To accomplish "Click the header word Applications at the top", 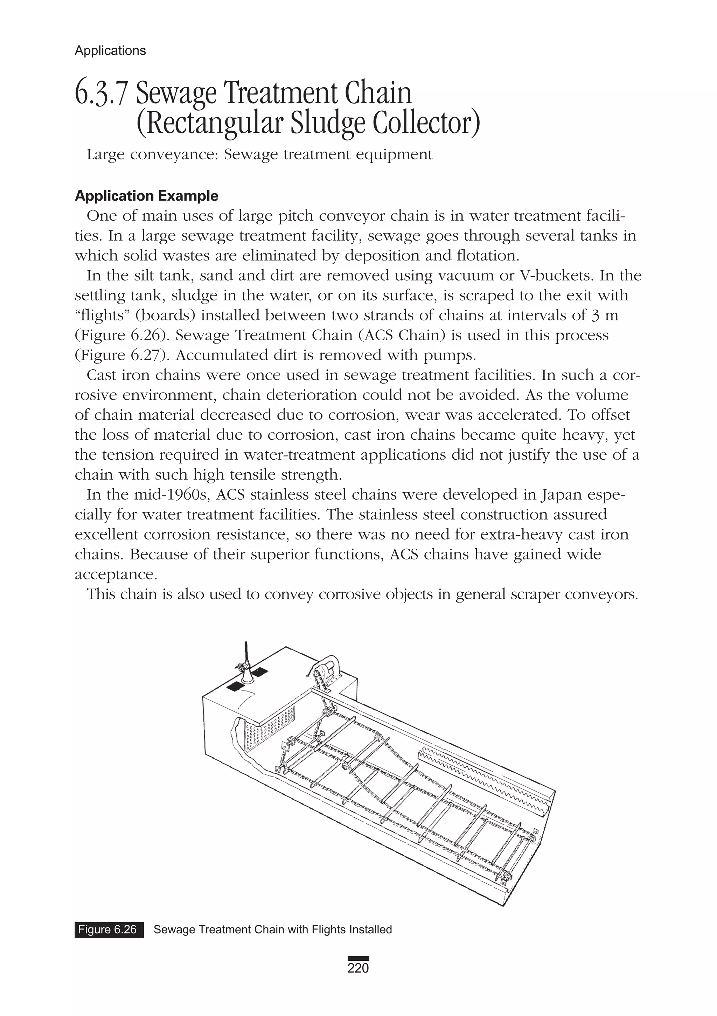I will pyautogui.click(x=110, y=50).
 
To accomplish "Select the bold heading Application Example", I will pyautogui.click(x=146, y=196).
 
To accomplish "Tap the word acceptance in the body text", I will pyautogui.click(x=114, y=575).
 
